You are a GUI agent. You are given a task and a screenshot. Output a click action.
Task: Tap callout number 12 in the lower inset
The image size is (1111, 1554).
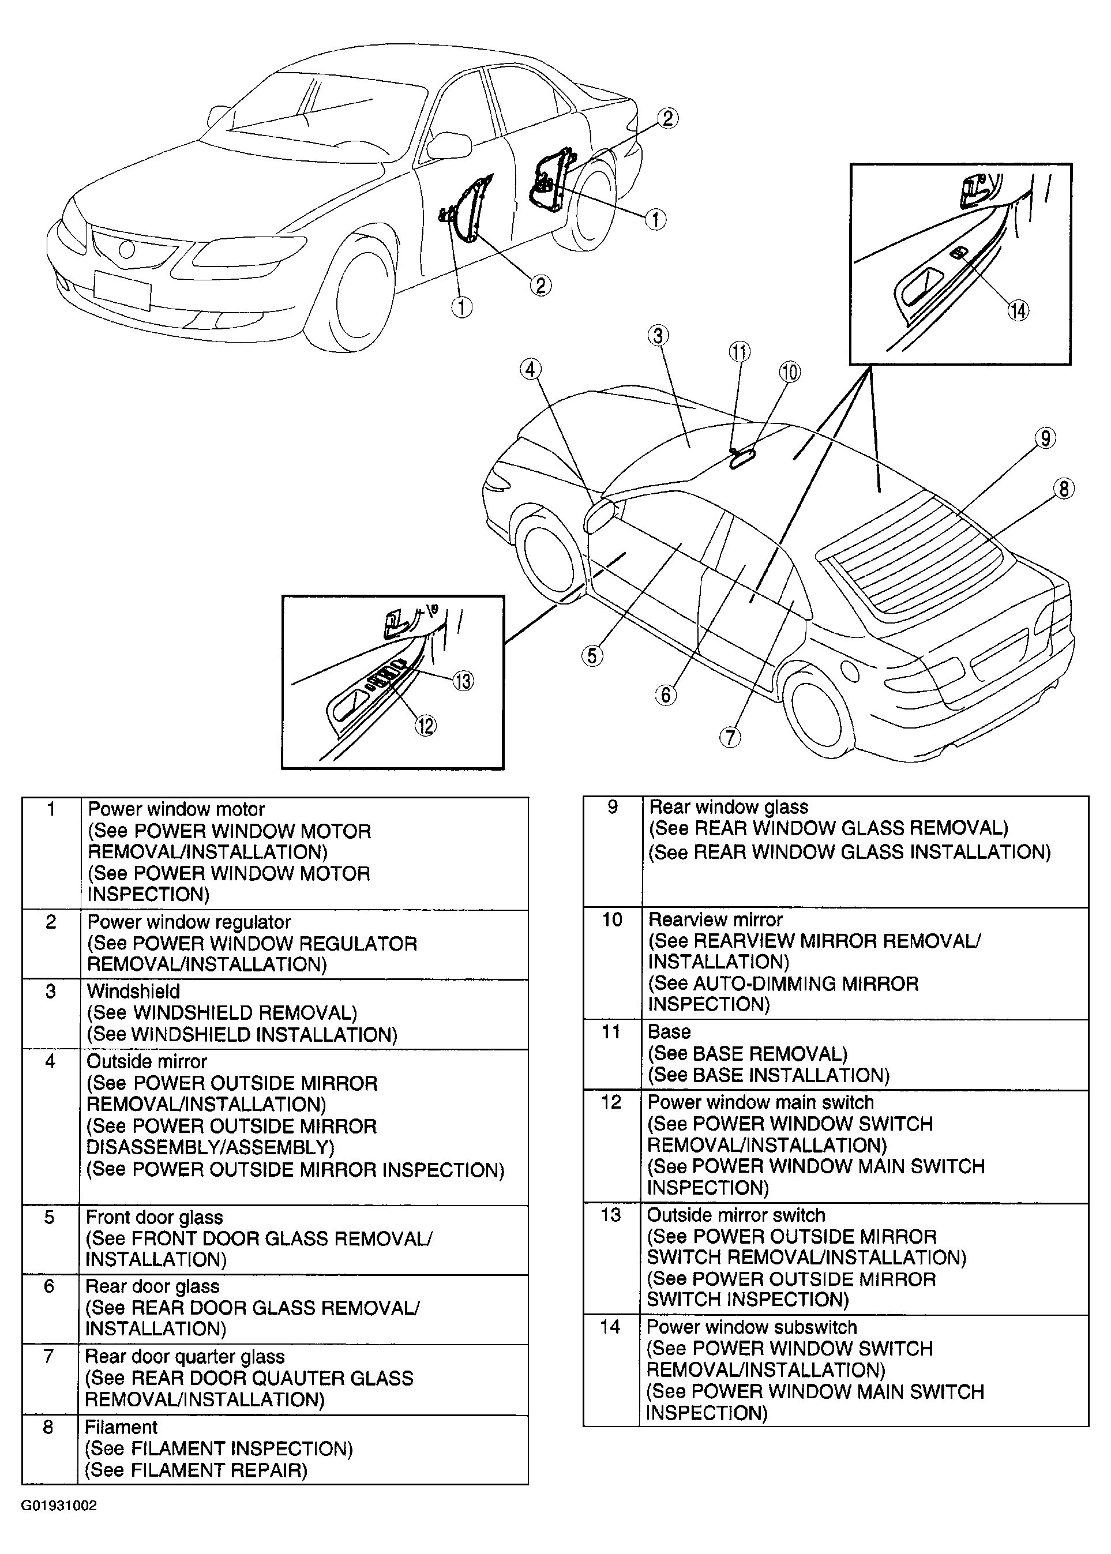point(426,725)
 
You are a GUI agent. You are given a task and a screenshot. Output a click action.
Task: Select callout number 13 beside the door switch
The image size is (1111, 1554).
point(463,681)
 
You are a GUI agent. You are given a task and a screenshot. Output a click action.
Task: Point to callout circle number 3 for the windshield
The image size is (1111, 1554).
point(658,336)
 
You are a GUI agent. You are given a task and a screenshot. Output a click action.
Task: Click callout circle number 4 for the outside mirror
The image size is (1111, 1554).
point(530,369)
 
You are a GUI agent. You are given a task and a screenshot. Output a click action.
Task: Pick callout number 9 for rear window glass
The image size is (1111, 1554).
point(1045,438)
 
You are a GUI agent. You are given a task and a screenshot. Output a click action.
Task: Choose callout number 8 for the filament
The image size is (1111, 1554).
point(1063,489)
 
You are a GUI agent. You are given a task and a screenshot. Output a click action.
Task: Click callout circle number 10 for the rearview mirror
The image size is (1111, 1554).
point(790,372)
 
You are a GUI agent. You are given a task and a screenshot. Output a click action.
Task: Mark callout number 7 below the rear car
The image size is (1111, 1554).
point(730,737)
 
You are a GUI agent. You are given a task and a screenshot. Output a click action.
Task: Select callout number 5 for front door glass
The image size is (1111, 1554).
point(592,656)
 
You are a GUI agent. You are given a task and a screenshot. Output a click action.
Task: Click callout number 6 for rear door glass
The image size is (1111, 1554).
point(666,695)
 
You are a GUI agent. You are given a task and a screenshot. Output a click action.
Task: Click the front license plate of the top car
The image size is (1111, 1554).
point(122,290)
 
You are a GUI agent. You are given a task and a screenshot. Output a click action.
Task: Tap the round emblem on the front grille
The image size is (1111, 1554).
point(127,250)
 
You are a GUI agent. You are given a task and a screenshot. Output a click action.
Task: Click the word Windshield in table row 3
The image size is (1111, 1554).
point(133,992)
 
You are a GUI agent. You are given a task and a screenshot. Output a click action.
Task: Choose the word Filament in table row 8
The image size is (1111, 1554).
point(121,1428)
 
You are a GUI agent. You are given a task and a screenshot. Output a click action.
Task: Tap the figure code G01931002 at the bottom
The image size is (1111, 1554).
point(59,1506)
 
